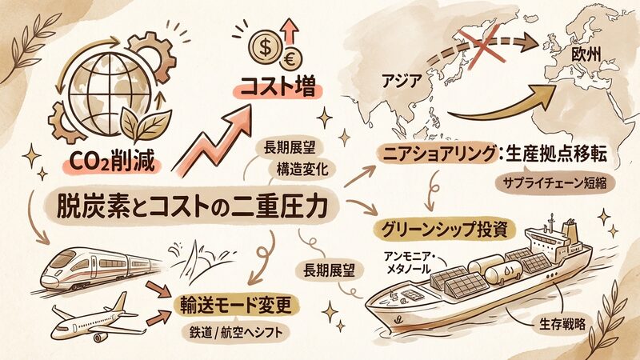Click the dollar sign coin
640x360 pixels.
(265, 48)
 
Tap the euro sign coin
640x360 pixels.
(290, 59)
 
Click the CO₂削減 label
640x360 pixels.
(112, 162)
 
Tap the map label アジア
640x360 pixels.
(401, 81)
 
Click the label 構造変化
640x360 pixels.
(302, 169)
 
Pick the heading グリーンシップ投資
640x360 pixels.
(444, 230)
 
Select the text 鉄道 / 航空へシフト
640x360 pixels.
(236, 332)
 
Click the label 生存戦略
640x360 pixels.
(562, 324)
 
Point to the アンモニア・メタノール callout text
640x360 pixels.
(410, 263)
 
